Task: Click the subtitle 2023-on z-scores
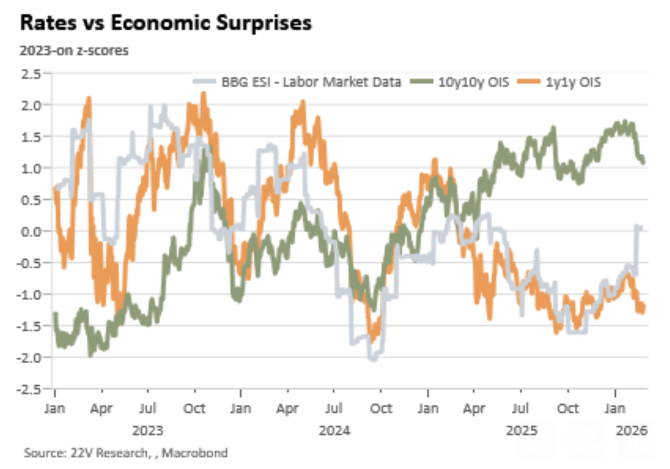tap(75, 51)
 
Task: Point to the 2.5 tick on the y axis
tap(33, 74)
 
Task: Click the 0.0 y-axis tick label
tap(33, 231)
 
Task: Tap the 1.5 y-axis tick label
tap(33, 137)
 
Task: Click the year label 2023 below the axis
tap(147, 431)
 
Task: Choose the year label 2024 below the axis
tap(334, 431)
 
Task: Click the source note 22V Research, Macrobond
tap(126, 453)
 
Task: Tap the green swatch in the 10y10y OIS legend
tap(419, 82)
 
